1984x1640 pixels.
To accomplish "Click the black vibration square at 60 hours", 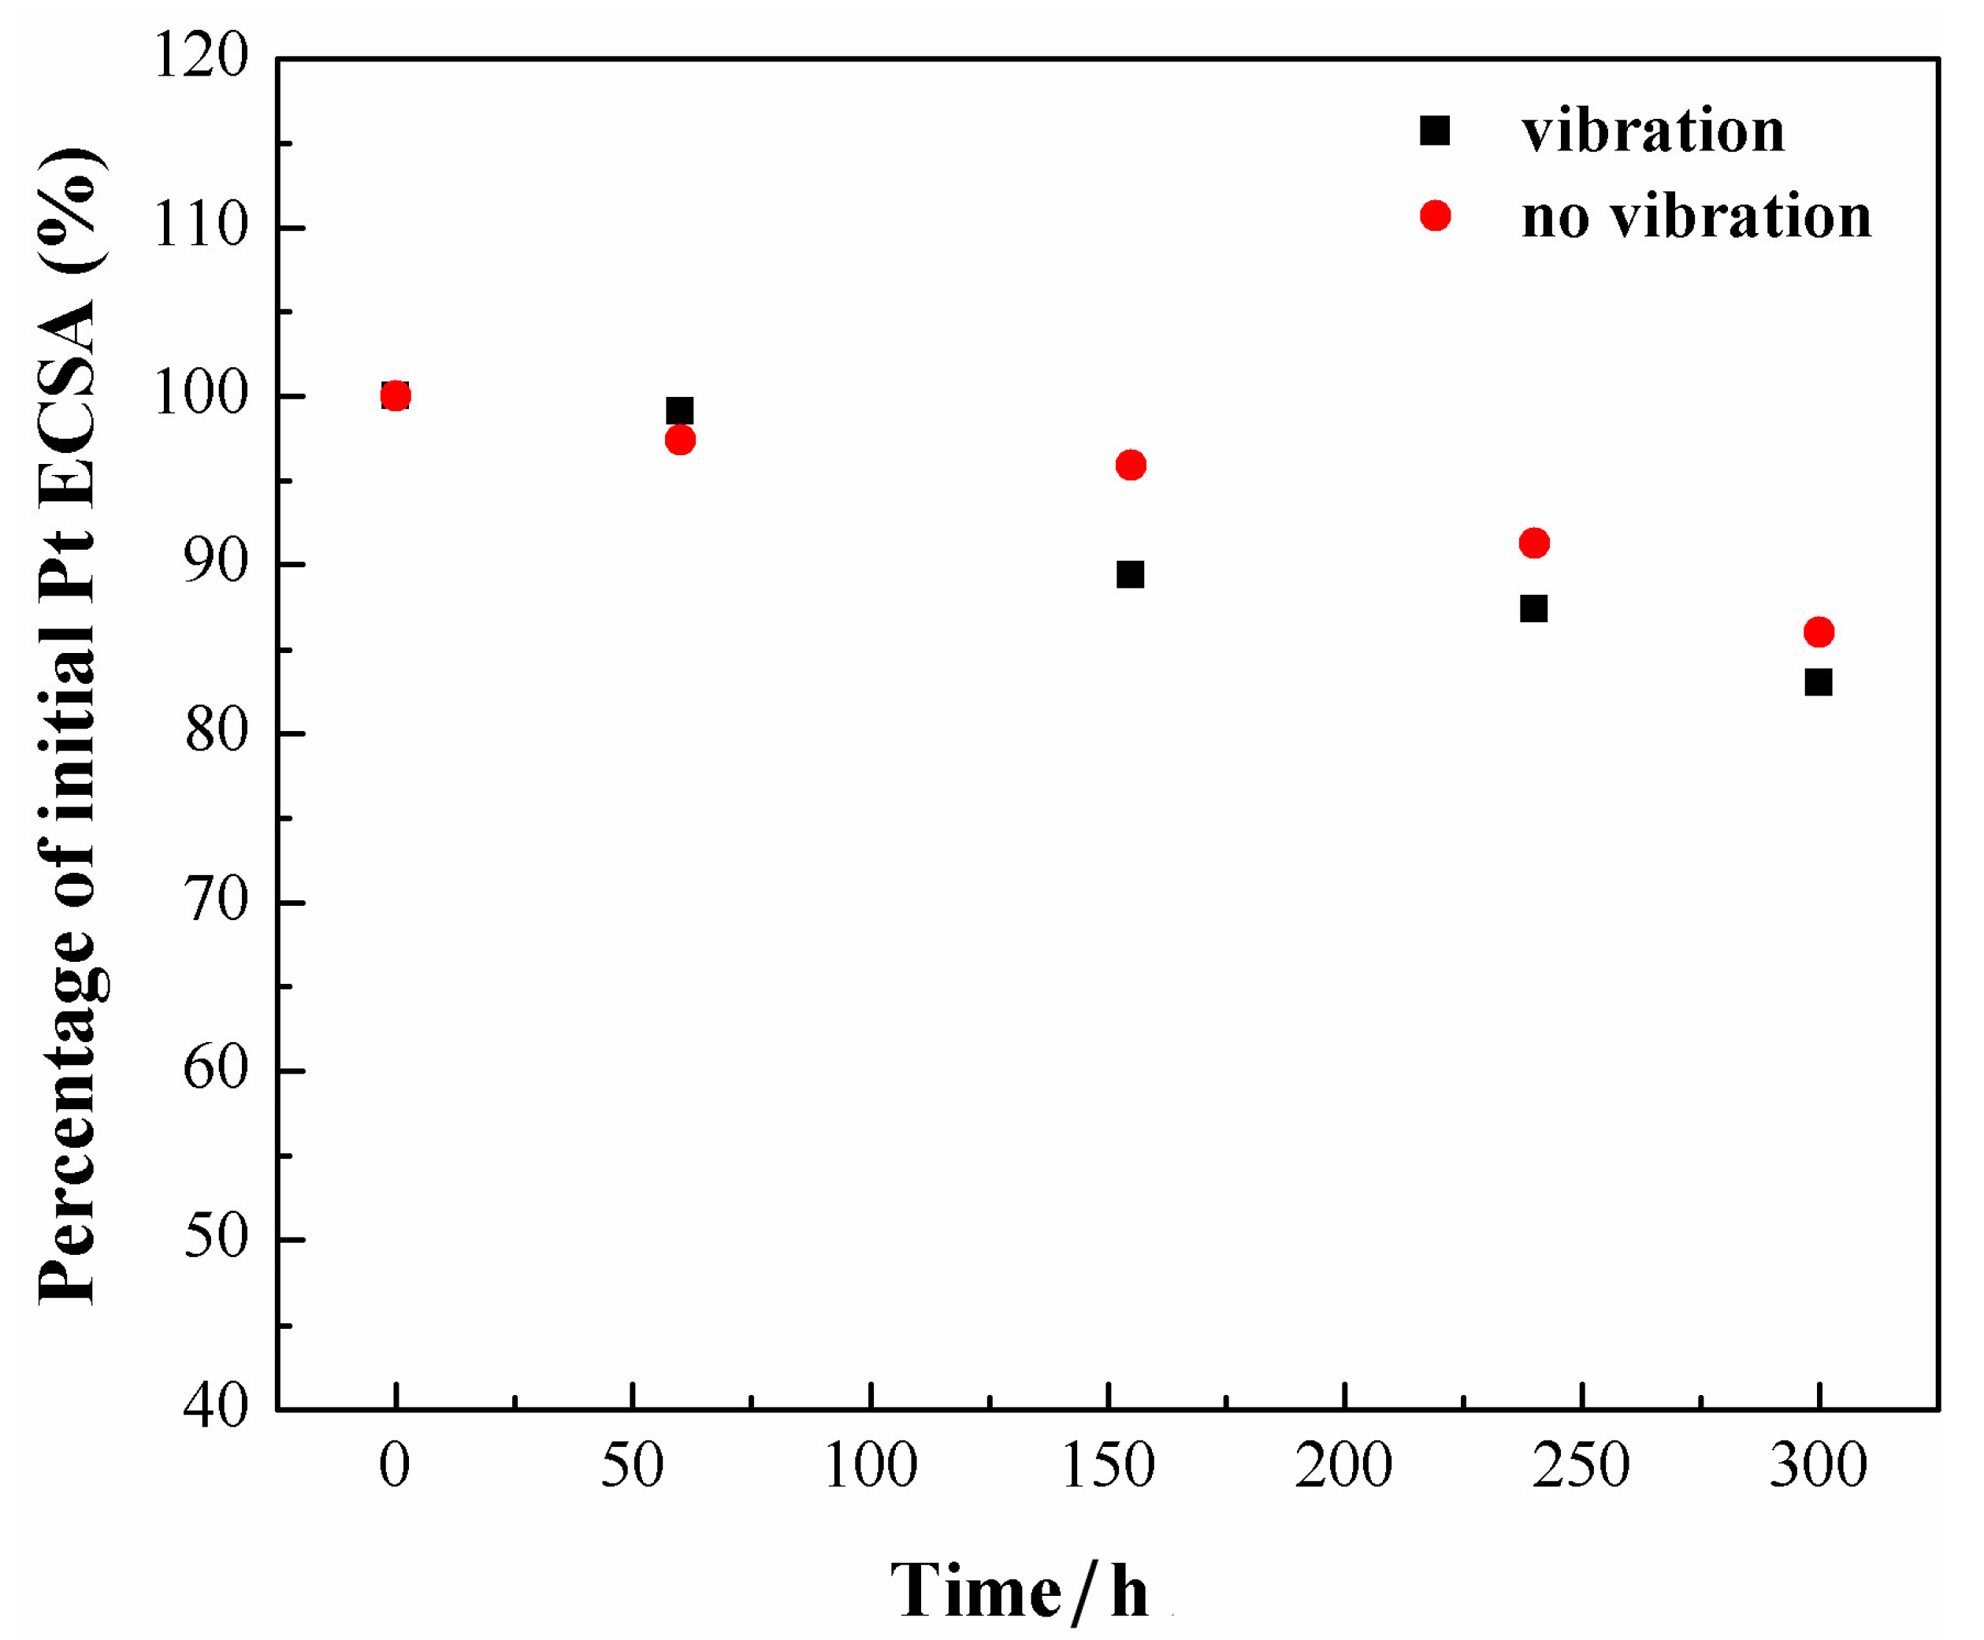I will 679,411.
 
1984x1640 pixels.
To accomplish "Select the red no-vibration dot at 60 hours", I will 679,440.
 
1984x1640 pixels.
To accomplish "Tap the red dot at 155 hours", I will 1130,465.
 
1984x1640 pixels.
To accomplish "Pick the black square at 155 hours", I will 1130,574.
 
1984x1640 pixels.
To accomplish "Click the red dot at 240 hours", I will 1533,544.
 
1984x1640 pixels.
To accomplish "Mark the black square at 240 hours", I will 1533,608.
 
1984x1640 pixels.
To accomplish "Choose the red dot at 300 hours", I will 1818,632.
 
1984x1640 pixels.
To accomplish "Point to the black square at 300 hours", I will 1818,682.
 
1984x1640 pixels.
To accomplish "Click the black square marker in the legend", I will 1434,131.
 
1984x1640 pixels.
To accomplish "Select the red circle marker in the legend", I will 1434,217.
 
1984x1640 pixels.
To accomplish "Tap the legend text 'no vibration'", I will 1696,217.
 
